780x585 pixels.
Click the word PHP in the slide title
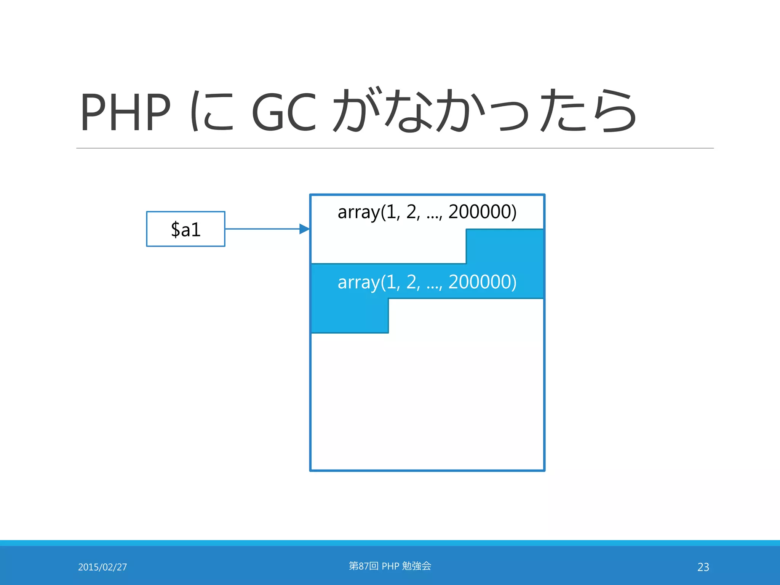tap(125, 112)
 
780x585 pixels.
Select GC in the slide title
tap(284, 112)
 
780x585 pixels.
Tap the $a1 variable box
tap(186, 229)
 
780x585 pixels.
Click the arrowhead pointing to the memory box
tap(304, 229)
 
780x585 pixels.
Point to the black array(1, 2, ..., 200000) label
tap(427, 212)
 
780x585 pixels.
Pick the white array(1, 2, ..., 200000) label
tap(427, 282)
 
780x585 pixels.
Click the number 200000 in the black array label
tap(482, 211)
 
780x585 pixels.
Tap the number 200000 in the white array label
tap(482, 282)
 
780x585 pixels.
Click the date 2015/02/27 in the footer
tap(102, 567)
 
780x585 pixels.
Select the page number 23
tap(703, 567)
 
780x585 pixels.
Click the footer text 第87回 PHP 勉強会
tap(390, 566)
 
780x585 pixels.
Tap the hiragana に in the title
tap(212, 111)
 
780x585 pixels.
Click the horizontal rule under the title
tap(395, 148)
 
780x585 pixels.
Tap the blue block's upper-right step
tap(505, 246)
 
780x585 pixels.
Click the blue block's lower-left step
tap(350, 316)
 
